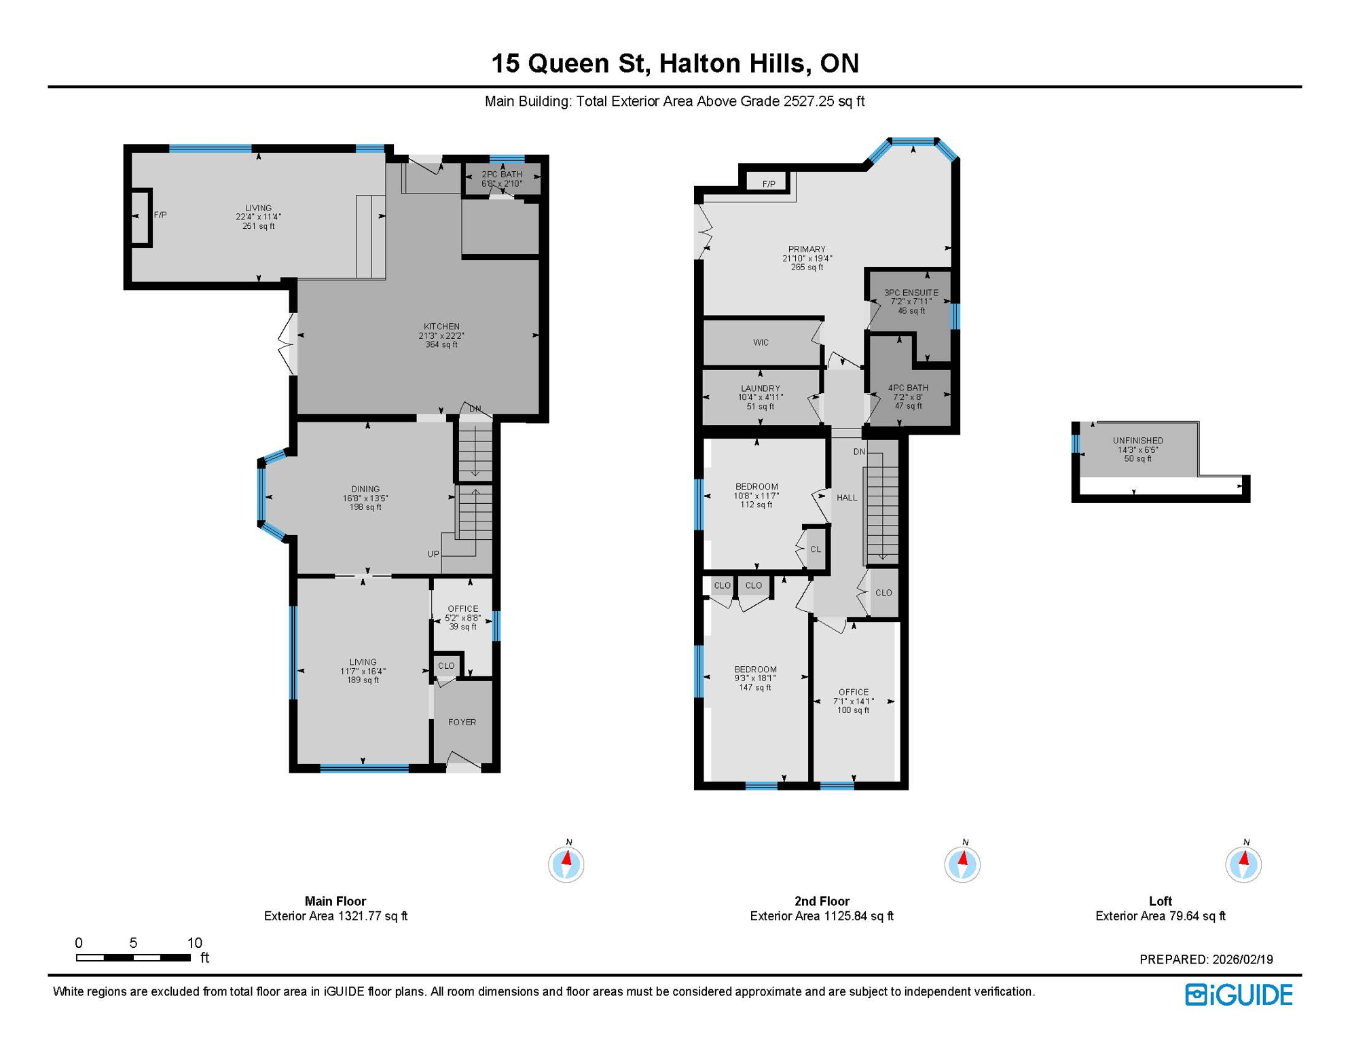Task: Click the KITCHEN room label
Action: [x=441, y=327]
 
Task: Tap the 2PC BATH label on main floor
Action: [x=502, y=175]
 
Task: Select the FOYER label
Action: [x=462, y=722]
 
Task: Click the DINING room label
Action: [x=365, y=489]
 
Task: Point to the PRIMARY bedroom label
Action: [x=807, y=249]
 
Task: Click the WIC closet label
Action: [x=761, y=342]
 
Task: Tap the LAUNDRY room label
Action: [x=760, y=388]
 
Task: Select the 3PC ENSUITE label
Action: [x=911, y=293]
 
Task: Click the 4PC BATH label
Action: [x=908, y=388]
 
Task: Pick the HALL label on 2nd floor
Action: [x=847, y=498]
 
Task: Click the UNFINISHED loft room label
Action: [x=1137, y=441]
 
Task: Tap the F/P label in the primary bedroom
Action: [x=769, y=184]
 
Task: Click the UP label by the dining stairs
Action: [x=433, y=554]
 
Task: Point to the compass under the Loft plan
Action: [x=1243, y=864]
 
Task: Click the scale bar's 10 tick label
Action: [x=195, y=943]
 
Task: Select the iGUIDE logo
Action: [x=1239, y=995]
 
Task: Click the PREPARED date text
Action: [x=1206, y=959]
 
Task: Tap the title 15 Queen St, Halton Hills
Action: [x=675, y=63]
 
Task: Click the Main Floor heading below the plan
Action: [x=335, y=901]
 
